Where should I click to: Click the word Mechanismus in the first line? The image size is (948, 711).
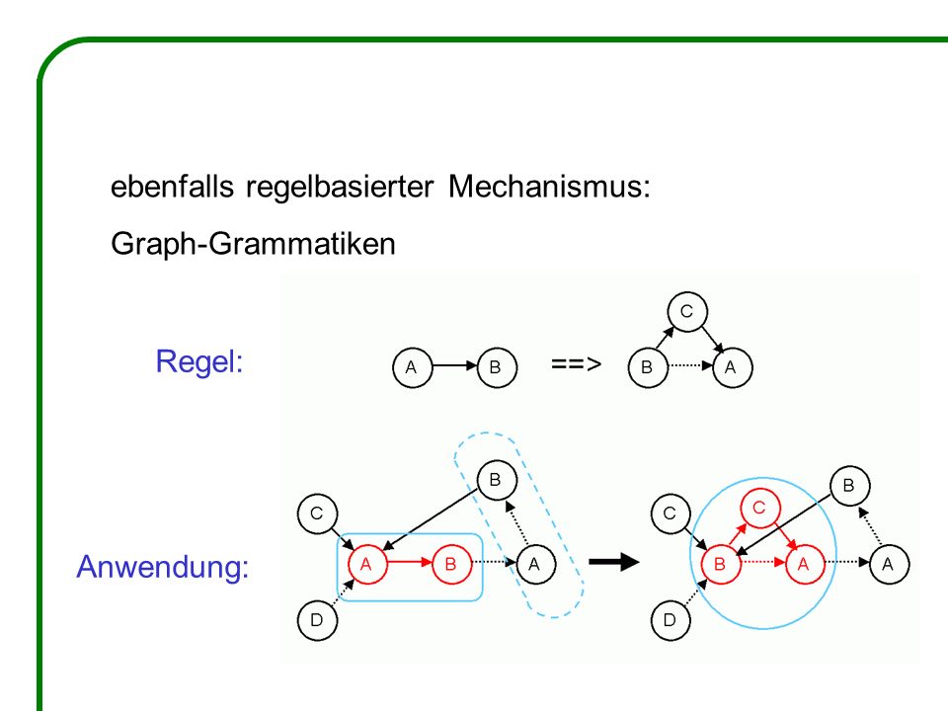pyautogui.click(x=549, y=187)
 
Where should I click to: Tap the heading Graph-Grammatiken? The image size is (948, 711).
pyautogui.click(x=254, y=244)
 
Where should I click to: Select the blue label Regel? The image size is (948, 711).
pyautogui.click(x=199, y=362)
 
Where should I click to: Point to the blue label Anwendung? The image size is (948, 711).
pyautogui.click(x=163, y=567)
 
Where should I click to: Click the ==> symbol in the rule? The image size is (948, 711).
pyautogui.click(x=576, y=364)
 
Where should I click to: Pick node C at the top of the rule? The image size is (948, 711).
pyautogui.click(x=687, y=312)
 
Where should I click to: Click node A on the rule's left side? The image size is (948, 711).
pyautogui.click(x=413, y=367)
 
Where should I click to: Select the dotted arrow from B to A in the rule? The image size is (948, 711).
pyautogui.click(x=690, y=365)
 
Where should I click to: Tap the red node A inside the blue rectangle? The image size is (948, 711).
pyautogui.click(x=367, y=564)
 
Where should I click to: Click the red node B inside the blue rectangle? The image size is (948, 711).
pyautogui.click(x=451, y=564)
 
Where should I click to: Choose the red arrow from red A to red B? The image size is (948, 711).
pyautogui.click(x=410, y=562)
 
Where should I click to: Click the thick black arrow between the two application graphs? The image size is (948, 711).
pyautogui.click(x=613, y=562)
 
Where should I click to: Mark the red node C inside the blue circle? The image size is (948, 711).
pyautogui.click(x=760, y=508)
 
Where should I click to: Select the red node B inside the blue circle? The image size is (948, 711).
pyautogui.click(x=721, y=564)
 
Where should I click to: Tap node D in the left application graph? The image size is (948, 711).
pyautogui.click(x=317, y=620)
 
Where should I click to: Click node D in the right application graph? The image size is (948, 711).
pyautogui.click(x=671, y=620)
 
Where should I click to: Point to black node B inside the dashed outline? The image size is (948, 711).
pyautogui.click(x=497, y=480)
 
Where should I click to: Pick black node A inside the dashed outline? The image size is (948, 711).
pyautogui.click(x=535, y=564)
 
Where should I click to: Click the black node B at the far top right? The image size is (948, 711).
pyautogui.click(x=849, y=486)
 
